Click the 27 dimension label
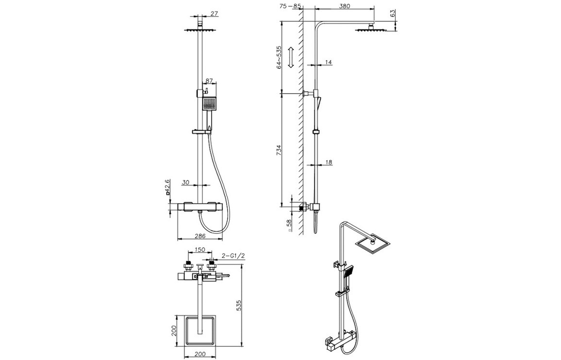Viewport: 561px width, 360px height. [x=214, y=14]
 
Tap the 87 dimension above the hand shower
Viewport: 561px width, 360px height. [x=209, y=81]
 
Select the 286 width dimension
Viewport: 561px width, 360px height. [x=200, y=236]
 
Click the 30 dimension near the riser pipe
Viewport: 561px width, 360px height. [x=185, y=182]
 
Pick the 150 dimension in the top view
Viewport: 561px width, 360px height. [x=199, y=250]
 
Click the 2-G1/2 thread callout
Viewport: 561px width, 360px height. [x=233, y=256]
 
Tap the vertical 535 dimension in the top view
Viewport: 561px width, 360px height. [x=239, y=306]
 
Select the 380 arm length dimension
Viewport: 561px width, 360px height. [x=344, y=6]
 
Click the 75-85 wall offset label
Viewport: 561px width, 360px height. [x=290, y=6]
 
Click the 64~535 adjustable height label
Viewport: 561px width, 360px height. [x=280, y=57]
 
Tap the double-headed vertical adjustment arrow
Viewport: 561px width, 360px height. [x=291, y=57]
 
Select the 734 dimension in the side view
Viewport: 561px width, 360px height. [x=280, y=150]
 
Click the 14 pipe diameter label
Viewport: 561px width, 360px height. [x=329, y=62]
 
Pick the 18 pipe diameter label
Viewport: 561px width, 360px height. [x=329, y=162]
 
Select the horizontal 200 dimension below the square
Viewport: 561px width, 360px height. [x=200, y=354]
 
